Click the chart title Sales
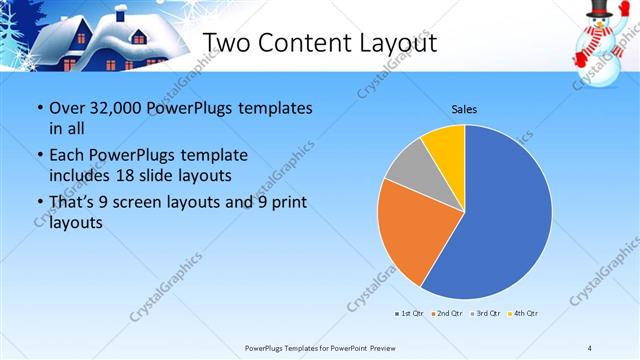click(x=464, y=108)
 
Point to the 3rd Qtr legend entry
click(x=486, y=314)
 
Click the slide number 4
click(x=590, y=347)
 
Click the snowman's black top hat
click(x=598, y=10)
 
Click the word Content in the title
click(x=303, y=42)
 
